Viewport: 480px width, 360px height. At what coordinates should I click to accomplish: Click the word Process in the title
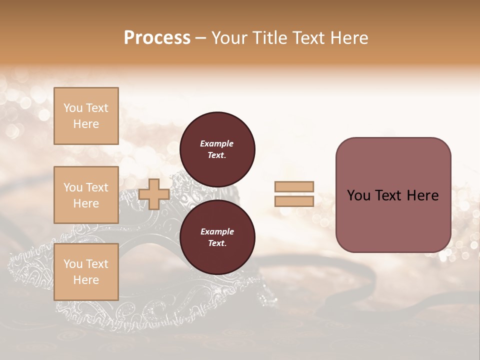point(157,38)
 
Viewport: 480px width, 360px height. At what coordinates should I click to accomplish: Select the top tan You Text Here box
point(86,116)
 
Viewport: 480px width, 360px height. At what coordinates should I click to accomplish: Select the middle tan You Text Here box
point(86,195)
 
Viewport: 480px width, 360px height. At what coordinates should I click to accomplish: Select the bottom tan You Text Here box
point(86,272)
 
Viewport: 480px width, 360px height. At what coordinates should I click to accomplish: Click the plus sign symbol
point(154,194)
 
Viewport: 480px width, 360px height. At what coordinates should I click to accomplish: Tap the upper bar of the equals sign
point(294,187)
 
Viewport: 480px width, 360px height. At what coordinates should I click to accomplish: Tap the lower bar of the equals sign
point(294,201)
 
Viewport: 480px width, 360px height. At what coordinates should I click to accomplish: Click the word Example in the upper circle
point(217,143)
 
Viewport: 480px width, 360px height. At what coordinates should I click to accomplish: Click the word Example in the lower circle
point(217,231)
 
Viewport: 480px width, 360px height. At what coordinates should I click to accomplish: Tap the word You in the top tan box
point(73,108)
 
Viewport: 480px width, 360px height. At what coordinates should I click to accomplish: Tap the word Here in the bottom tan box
point(86,280)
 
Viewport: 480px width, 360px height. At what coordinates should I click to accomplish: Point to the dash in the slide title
point(200,38)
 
